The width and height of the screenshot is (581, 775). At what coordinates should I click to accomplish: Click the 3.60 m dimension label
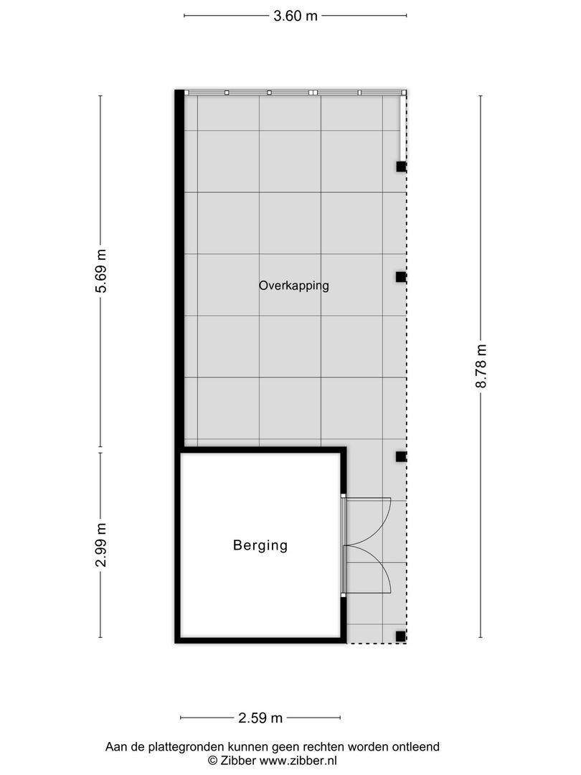295,16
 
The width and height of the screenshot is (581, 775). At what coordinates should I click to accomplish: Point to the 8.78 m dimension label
481,366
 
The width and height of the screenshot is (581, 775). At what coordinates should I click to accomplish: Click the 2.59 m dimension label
260,717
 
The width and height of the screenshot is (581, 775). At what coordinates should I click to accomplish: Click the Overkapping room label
293,286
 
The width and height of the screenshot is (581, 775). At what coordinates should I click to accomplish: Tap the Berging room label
260,545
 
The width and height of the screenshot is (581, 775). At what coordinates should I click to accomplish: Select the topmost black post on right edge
401,166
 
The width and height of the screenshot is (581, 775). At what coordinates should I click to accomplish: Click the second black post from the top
401,276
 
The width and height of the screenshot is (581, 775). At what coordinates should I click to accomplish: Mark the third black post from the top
401,456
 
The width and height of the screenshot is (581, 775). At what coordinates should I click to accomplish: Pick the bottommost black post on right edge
401,636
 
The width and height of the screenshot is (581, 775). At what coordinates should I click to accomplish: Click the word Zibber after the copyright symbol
237,760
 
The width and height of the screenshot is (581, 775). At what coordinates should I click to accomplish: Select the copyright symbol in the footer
213,760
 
